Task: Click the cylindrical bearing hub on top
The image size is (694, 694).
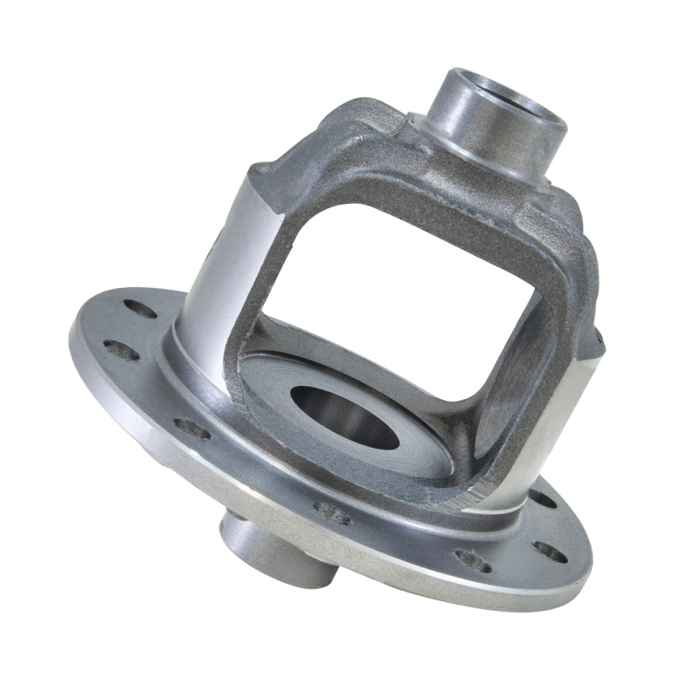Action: (486, 121)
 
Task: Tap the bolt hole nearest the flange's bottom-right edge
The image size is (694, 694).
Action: (549, 551)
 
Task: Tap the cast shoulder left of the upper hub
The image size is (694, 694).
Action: (364, 130)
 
